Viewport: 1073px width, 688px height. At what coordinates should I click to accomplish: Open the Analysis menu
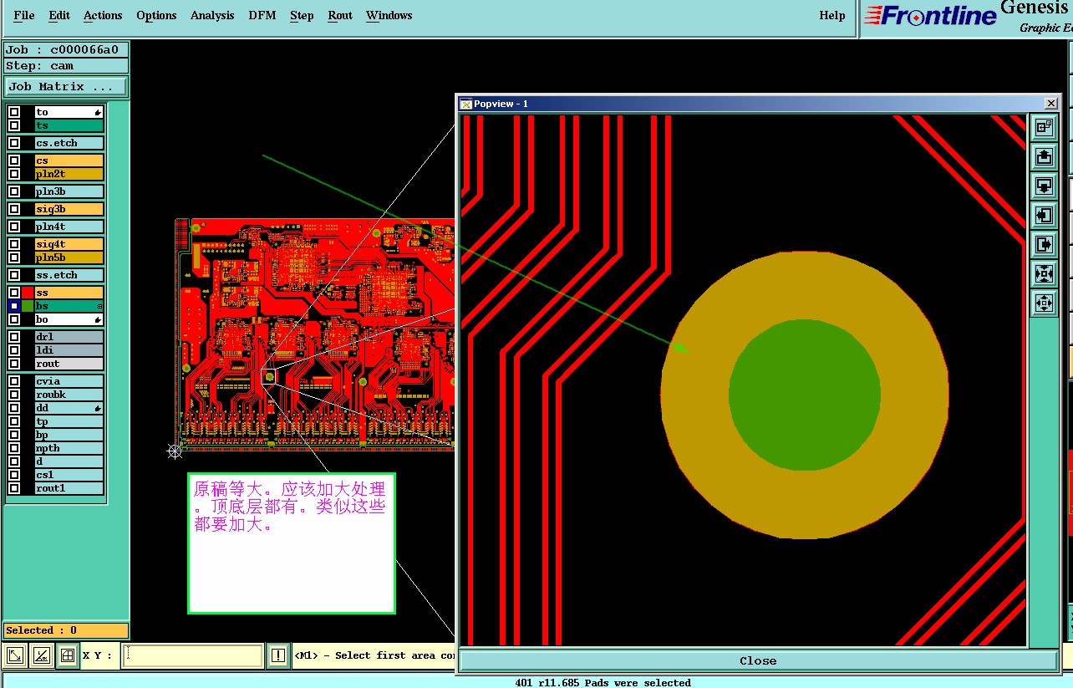(211, 15)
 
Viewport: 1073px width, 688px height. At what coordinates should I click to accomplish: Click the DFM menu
(262, 15)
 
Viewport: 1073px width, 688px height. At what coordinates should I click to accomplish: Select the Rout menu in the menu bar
(339, 15)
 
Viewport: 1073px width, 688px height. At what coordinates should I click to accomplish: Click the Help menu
(831, 15)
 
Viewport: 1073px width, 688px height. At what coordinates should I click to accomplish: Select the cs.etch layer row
(69, 143)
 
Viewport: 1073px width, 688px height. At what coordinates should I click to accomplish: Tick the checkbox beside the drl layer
(14, 336)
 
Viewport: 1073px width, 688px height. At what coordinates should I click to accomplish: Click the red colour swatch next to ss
(28, 293)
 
